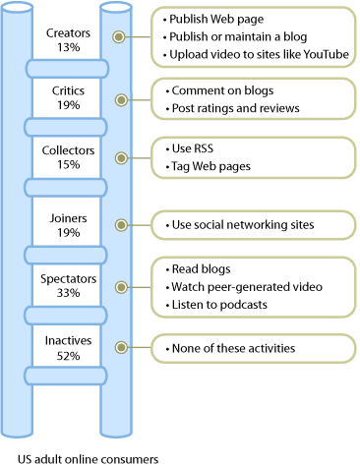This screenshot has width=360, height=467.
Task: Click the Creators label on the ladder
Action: tap(68, 30)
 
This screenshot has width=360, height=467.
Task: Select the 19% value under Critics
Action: tap(68, 105)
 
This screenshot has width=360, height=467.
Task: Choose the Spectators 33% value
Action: tap(68, 293)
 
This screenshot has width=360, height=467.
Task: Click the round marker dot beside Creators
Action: tap(120, 37)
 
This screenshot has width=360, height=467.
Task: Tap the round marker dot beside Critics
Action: tap(120, 99)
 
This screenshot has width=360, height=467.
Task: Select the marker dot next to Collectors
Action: tap(120, 157)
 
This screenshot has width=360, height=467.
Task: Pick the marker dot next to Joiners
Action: tap(120, 223)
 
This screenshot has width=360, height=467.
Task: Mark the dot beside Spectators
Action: tap(120, 286)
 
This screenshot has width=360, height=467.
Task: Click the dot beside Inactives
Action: tap(120, 347)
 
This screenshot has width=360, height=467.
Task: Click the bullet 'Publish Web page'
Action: tap(217, 19)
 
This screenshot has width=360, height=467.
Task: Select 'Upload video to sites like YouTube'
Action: tap(255, 54)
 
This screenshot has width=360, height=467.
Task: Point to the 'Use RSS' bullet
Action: tap(193, 147)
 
